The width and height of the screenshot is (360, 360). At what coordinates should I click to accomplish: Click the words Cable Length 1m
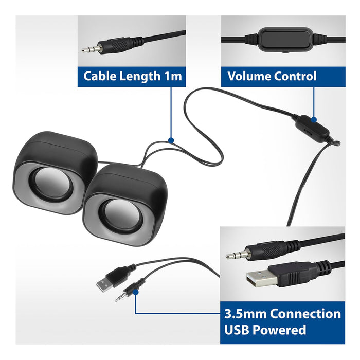tap(133, 77)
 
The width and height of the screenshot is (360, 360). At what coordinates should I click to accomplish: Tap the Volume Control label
tap(272, 77)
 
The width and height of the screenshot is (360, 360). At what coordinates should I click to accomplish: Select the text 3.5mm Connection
tap(282, 314)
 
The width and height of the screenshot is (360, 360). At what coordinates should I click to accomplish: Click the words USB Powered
tap(265, 330)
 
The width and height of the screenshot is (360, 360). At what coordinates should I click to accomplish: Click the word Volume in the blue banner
tap(249, 77)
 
